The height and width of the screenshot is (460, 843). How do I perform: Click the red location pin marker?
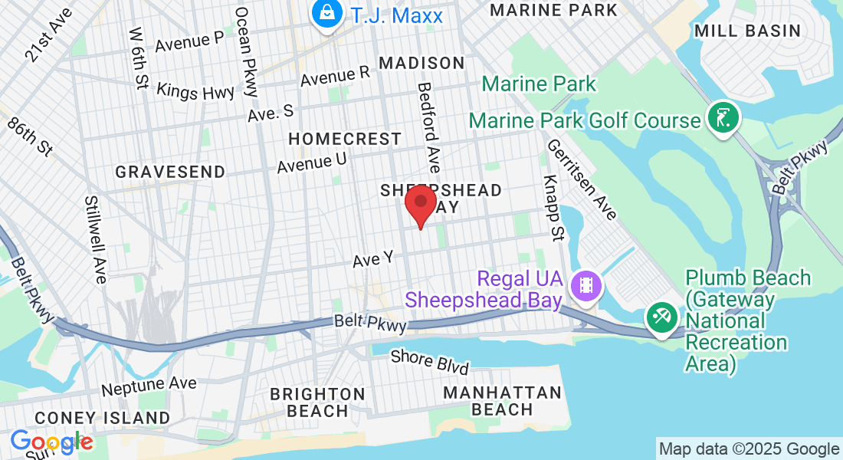coord(420,202)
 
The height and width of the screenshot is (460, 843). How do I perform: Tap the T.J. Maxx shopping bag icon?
coord(327,14)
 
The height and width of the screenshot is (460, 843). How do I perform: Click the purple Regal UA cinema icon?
coord(586,286)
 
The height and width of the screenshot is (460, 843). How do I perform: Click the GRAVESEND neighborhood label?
coord(170,172)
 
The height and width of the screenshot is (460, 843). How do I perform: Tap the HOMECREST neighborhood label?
coord(344,139)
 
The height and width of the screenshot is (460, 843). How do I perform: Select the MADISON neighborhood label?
coord(421,63)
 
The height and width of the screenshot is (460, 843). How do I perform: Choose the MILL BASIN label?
coord(747,31)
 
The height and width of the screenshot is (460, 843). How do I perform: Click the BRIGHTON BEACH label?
coord(317,402)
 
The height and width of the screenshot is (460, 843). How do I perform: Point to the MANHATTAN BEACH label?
coord(503,401)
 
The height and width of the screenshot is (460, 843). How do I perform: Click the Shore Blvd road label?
coord(429,362)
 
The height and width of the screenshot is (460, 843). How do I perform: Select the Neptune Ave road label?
coord(149,385)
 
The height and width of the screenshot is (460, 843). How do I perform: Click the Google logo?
coord(51,442)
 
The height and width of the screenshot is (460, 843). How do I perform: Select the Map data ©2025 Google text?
coord(749,449)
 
